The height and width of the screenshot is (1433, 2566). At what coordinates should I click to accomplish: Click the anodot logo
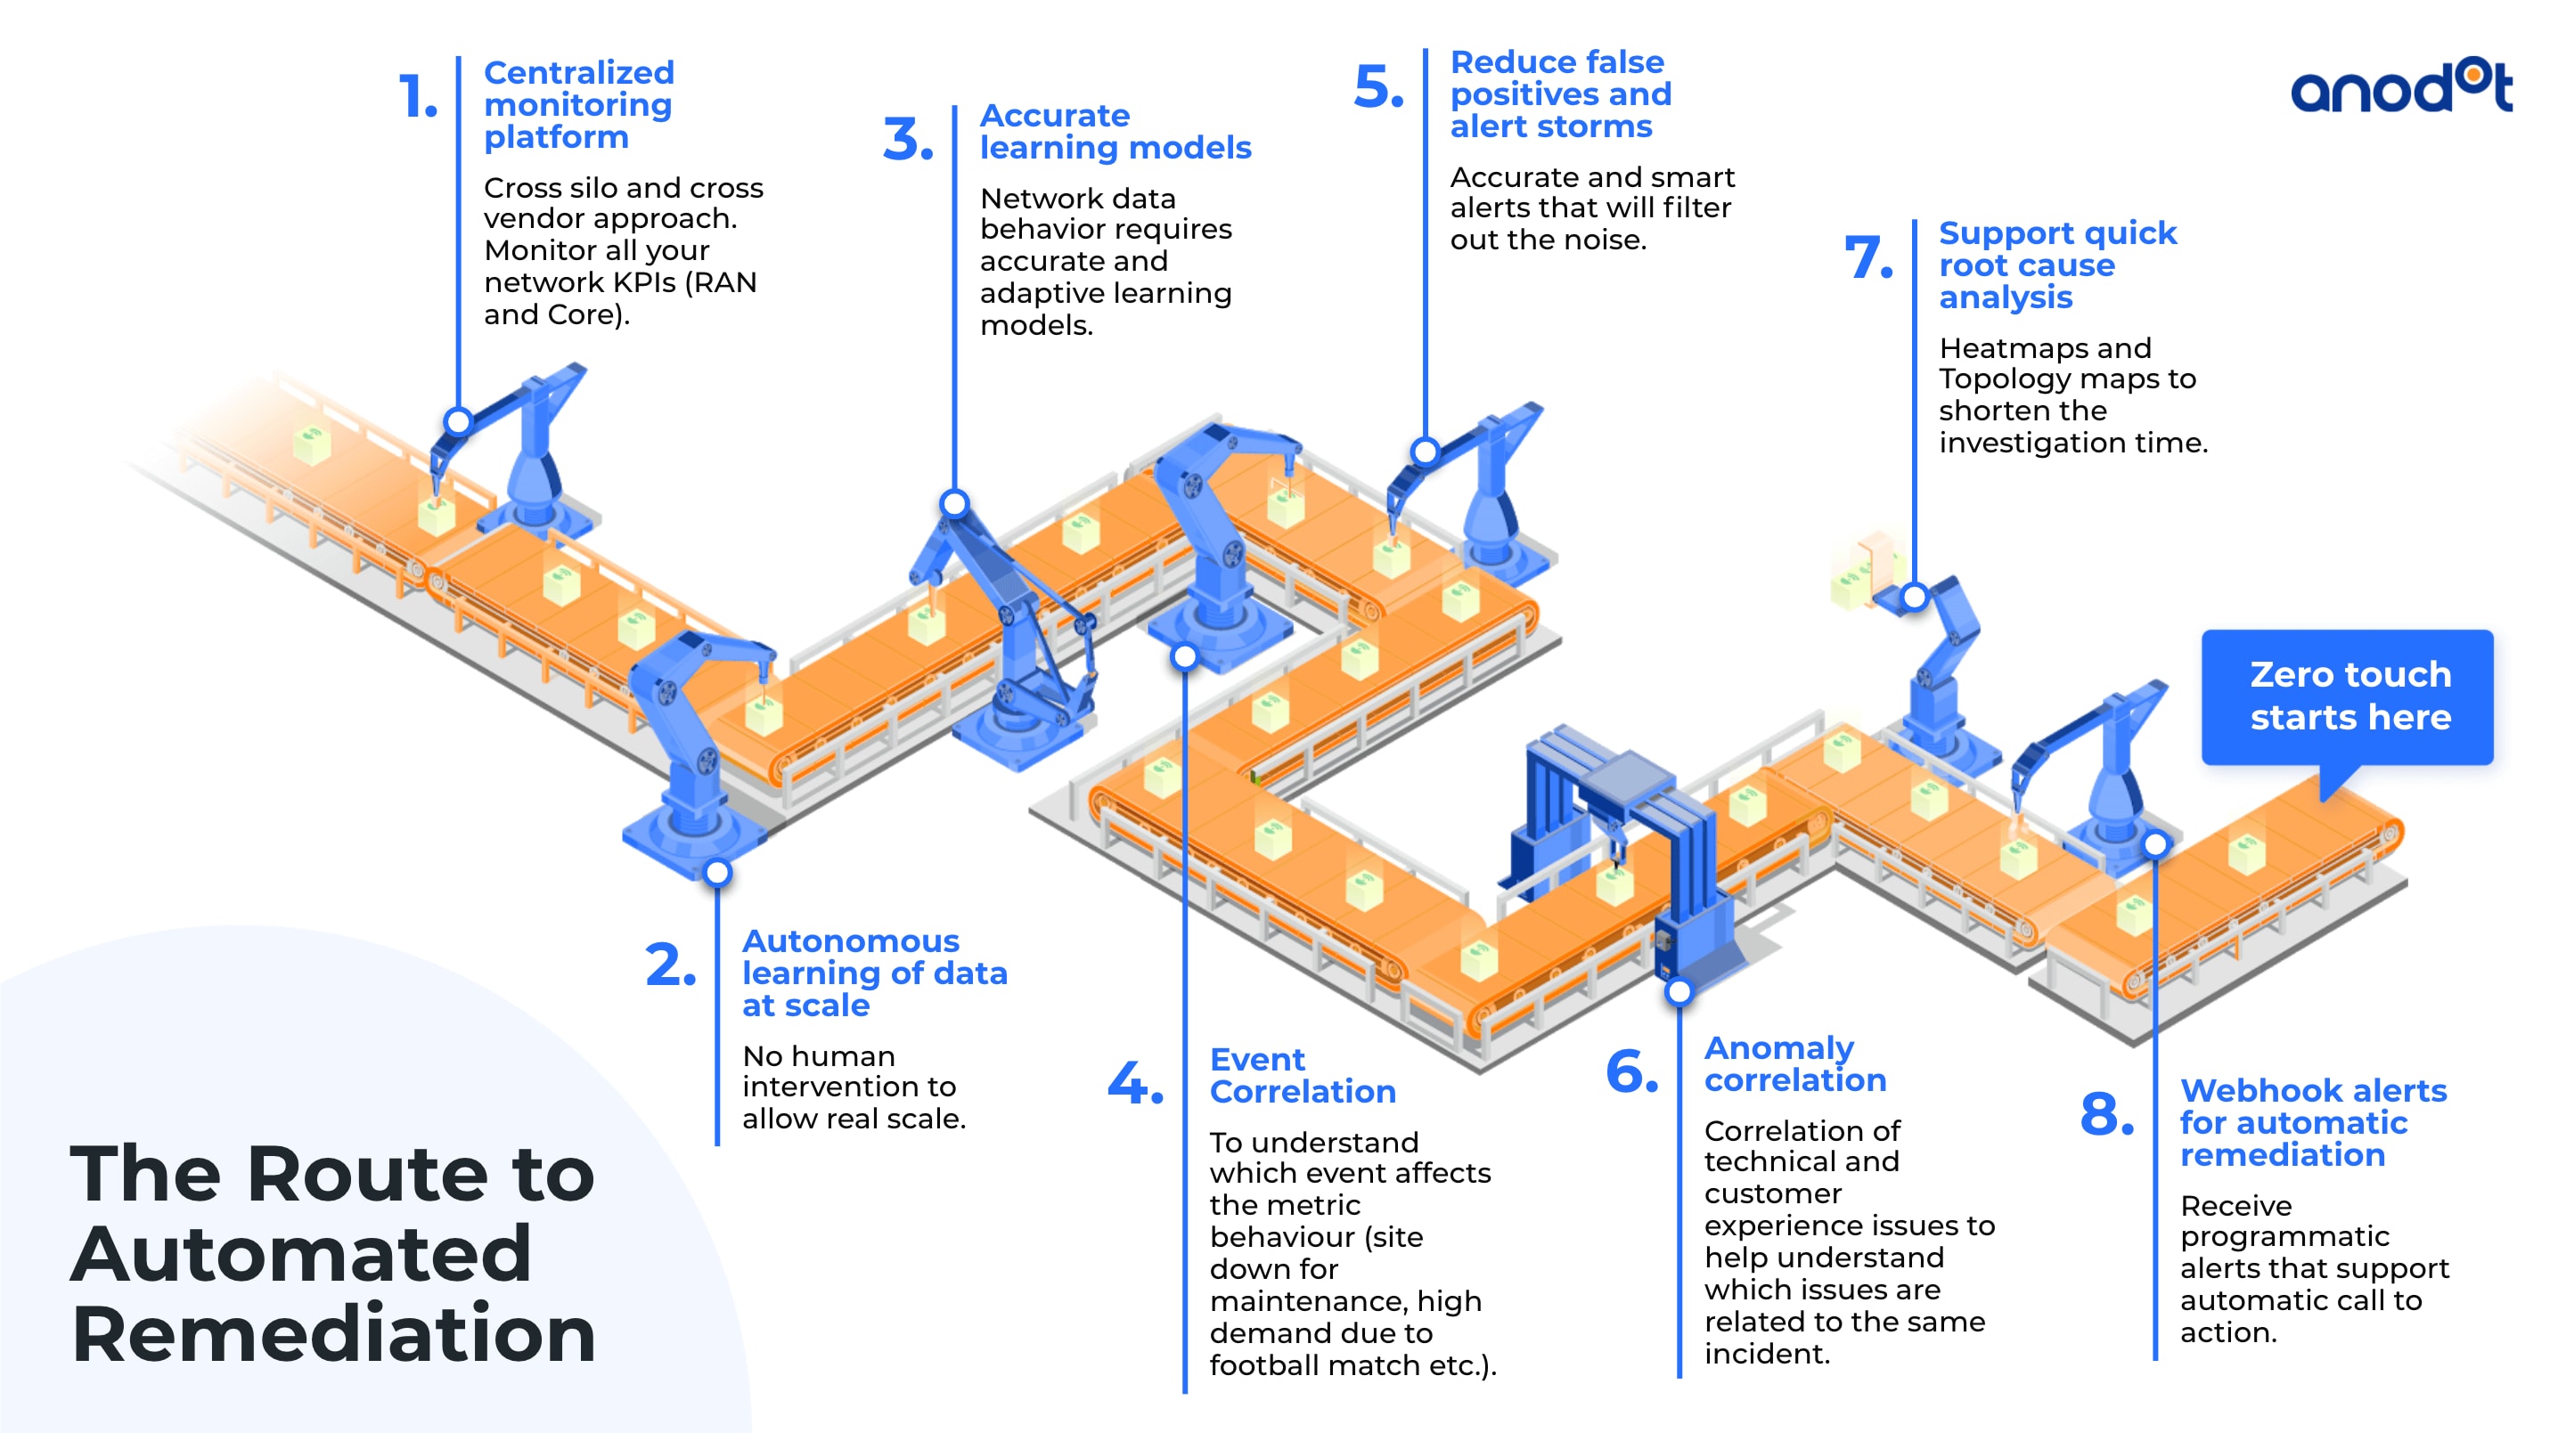[2400, 86]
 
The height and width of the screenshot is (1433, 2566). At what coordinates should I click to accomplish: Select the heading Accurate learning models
[1114, 132]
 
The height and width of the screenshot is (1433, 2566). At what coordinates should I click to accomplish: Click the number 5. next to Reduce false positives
[1377, 86]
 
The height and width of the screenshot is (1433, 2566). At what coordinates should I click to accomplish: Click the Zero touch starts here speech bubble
[2347, 696]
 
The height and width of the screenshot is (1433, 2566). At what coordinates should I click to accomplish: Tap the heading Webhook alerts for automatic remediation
[2311, 1122]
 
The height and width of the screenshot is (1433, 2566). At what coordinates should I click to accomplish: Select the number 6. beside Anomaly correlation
[1631, 1072]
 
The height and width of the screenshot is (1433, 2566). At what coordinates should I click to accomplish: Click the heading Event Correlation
[1301, 1076]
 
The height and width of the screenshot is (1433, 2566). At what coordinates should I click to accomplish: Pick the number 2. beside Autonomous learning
[669, 966]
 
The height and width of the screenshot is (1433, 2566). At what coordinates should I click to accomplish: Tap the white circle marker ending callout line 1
[458, 421]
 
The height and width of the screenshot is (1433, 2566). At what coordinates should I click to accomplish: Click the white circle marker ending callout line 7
[1914, 598]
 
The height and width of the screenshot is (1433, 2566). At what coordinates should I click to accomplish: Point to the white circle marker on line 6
[1679, 992]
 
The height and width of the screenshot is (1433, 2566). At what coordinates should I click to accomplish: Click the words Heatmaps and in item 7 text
[2044, 348]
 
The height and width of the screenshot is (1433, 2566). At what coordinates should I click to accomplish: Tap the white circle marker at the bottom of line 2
[717, 874]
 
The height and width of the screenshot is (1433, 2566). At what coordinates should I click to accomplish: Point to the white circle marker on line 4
[1184, 657]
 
